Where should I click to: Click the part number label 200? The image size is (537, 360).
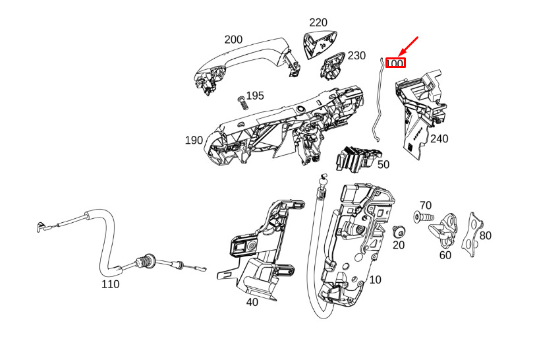click(x=233, y=40)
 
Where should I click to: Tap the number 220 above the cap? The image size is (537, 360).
click(x=318, y=22)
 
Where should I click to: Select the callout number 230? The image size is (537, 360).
click(x=356, y=55)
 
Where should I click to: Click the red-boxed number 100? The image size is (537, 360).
click(x=395, y=63)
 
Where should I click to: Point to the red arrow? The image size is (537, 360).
click(x=409, y=45)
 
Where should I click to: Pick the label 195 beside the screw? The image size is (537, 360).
click(x=255, y=96)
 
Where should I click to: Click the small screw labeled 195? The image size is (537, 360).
click(x=242, y=103)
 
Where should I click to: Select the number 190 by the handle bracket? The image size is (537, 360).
click(x=194, y=140)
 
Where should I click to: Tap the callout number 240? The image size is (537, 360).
click(x=439, y=139)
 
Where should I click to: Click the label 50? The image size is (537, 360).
click(x=383, y=165)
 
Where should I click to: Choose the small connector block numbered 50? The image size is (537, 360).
click(x=358, y=158)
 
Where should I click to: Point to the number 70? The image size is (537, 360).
click(x=426, y=205)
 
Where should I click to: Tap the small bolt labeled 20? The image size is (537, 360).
click(x=398, y=232)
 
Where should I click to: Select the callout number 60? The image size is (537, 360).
click(x=445, y=255)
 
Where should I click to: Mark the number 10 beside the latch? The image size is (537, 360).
click(x=376, y=280)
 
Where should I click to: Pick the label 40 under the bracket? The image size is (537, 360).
click(x=252, y=303)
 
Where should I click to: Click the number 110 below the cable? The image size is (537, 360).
click(x=110, y=284)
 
